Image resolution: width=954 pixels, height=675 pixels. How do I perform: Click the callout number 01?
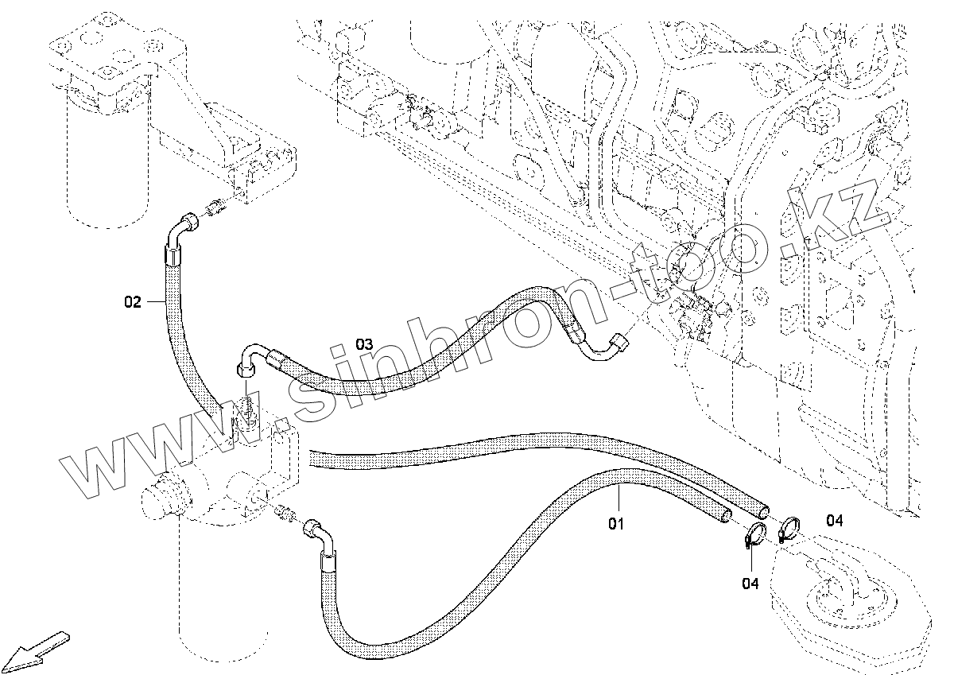617,524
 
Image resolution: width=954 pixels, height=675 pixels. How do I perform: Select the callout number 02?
132,301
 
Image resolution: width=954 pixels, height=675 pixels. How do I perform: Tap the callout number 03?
363,344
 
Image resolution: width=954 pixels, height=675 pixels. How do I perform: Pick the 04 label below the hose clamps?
750,584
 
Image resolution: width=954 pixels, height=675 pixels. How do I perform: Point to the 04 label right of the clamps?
834,521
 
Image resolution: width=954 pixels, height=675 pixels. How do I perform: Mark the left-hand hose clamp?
754,537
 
